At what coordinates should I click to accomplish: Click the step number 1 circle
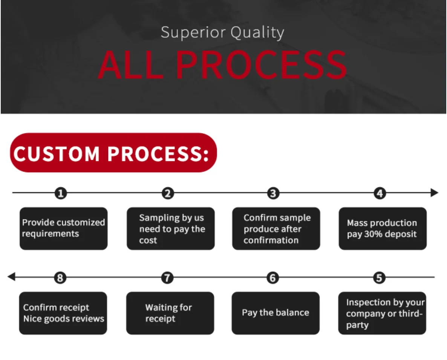(61, 194)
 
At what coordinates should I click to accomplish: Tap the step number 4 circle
(380, 194)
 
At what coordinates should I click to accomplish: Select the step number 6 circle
(272, 278)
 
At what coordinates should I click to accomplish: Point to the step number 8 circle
(60, 278)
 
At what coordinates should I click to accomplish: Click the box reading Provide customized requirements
(63, 228)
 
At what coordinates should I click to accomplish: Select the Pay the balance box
(276, 313)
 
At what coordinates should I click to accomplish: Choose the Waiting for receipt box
(170, 313)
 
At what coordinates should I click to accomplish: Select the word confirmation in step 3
(271, 241)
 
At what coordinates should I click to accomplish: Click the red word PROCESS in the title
(261, 64)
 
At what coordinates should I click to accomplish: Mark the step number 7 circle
(167, 278)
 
